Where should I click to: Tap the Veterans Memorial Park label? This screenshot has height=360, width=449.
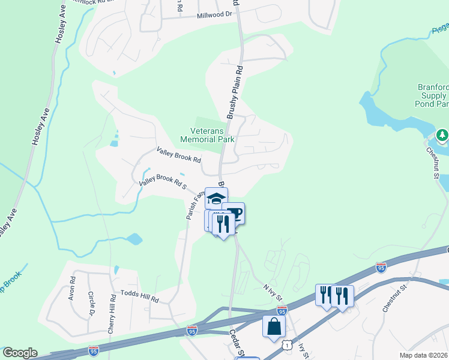(207, 134)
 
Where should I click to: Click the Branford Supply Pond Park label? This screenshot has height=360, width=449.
(432, 95)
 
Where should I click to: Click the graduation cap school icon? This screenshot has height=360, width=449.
(216, 199)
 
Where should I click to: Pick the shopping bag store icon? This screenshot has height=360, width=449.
(274, 328)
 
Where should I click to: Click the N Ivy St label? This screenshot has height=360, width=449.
(271, 290)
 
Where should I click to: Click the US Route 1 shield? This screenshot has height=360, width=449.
(288, 344)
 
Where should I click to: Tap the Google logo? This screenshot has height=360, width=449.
(20, 353)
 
